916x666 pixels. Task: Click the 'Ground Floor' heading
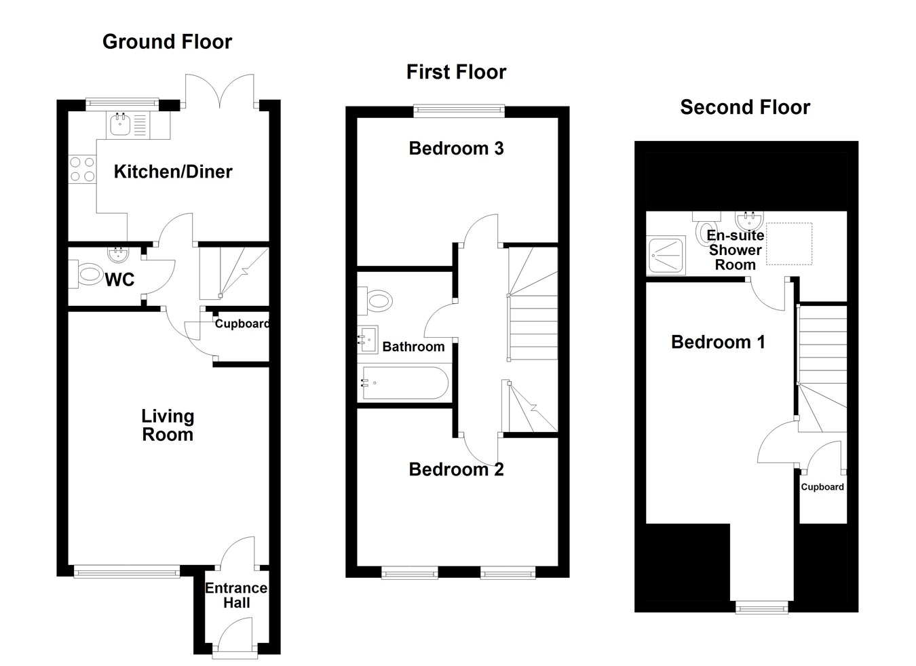(x=167, y=42)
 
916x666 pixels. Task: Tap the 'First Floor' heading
(x=456, y=72)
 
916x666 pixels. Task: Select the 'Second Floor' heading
(x=745, y=107)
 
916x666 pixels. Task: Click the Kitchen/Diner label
(x=173, y=172)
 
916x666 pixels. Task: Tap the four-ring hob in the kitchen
(x=82, y=170)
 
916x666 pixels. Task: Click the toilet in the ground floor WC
(x=88, y=276)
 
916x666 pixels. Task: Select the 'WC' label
(x=119, y=279)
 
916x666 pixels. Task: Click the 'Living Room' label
(x=168, y=425)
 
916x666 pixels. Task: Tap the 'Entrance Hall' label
(x=236, y=595)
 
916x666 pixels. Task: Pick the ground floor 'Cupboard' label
(x=242, y=324)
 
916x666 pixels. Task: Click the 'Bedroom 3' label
(x=456, y=149)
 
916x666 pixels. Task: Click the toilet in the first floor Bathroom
(x=377, y=300)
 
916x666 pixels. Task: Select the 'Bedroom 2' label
(x=456, y=469)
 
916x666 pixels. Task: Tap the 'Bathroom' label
(x=413, y=347)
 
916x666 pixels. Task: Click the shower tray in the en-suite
(x=666, y=255)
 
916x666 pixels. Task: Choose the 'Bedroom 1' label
(x=718, y=342)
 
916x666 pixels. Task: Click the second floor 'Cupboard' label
(x=822, y=487)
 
